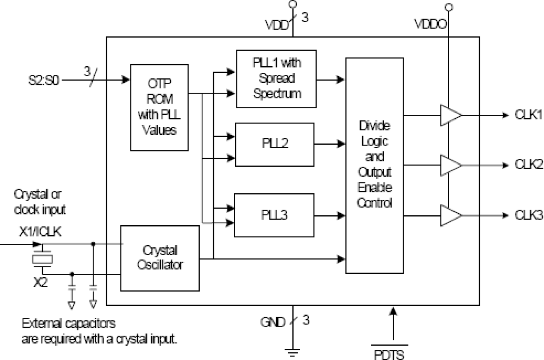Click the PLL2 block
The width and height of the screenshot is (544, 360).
274,144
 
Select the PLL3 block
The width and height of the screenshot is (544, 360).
274,215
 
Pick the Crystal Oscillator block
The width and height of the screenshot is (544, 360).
160,258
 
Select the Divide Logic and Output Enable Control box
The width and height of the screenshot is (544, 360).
374,165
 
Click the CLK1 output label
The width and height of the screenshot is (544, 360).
528,116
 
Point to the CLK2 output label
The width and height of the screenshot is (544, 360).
528,165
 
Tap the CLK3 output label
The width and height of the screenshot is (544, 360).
528,215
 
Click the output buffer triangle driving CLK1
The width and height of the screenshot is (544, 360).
450,116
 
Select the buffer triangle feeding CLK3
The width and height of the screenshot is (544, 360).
450,215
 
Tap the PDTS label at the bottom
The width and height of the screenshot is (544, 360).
394,355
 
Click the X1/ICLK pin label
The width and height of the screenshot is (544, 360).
40,233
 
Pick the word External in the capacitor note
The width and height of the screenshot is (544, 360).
42,324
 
